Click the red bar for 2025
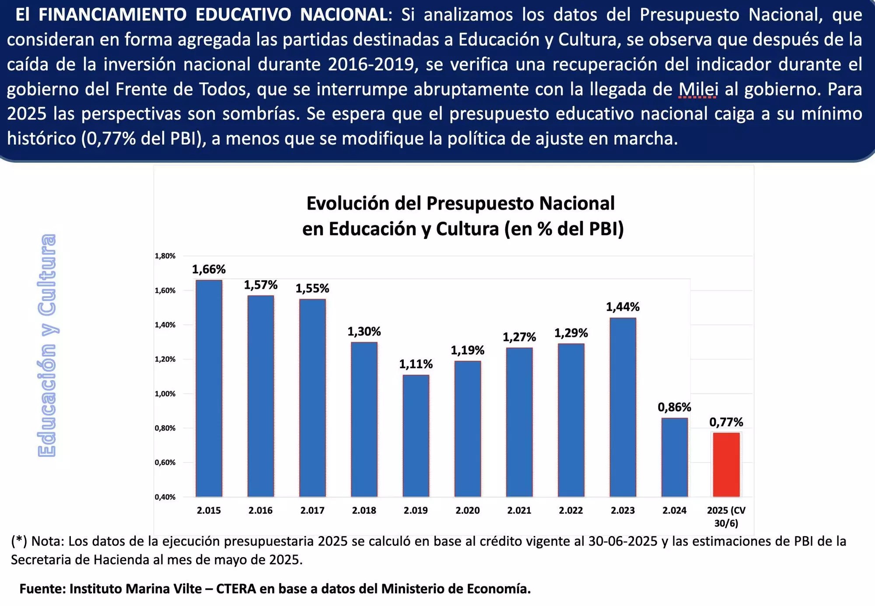point(726,464)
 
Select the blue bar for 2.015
point(209,388)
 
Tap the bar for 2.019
point(416,435)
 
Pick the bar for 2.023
point(623,407)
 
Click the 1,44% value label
point(623,307)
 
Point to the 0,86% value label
point(674,407)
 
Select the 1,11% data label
point(416,364)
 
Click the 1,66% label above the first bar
point(209,269)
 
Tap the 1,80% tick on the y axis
point(165,256)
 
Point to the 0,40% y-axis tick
point(165,497)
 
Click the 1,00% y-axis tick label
point(165,394)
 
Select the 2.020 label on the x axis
point(467,510)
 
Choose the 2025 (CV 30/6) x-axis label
point(726,516)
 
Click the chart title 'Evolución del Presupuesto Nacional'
point(460,203)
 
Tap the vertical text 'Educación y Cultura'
point(47,346)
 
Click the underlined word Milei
point(698,89)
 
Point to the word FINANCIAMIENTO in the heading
point(113,15)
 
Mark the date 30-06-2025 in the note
point(623,541)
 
